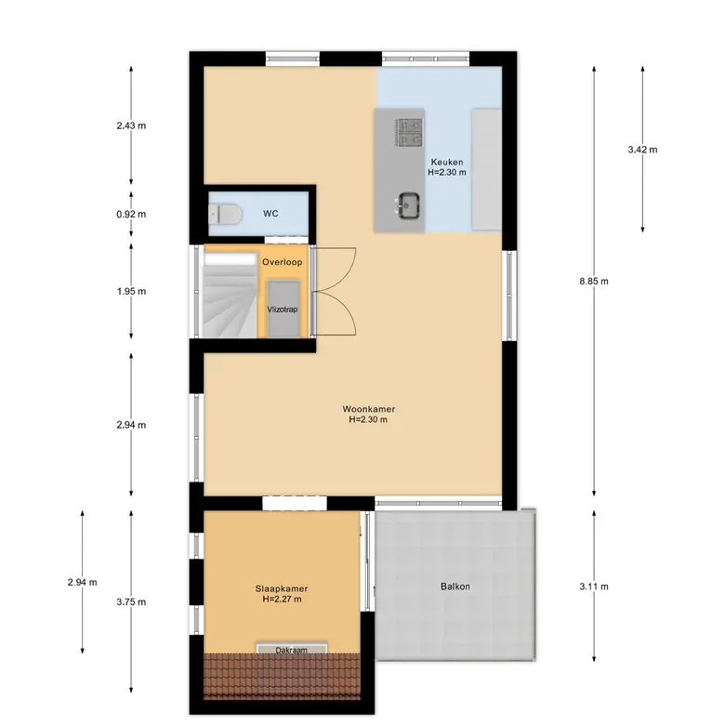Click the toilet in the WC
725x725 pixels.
pos(225,214)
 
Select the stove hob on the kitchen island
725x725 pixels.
pos(409,132)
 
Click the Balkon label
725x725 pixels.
pos(455,587)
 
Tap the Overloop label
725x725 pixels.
pos(282,262)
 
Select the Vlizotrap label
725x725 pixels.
pos(283,310)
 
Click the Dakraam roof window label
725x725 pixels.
pos(291,650)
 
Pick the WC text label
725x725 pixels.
pos(270,213)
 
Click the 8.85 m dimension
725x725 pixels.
pos(594,281)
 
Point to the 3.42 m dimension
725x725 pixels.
pos(642,150)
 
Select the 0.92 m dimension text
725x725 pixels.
pos(131,214)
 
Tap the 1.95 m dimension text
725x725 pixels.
pos(131,291)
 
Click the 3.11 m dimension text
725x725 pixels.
pos(594,587)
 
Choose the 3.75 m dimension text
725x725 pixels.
pos(131,602)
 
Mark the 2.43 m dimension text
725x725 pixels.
pos(131,125)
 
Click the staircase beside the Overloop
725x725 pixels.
pos(231,295)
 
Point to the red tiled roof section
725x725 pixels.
pos(282,677)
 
